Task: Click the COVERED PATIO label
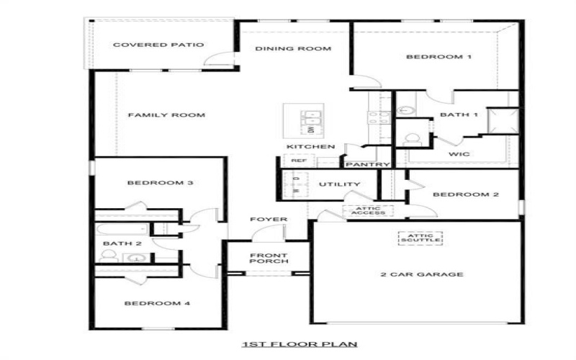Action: click(x=158, y=45)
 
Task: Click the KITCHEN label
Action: click(x=310, y=147)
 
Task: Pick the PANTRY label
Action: click(x=368, y=165)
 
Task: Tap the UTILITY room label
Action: click(x=339, y=184)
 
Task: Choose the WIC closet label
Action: click(x=459, y=154)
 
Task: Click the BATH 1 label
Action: click(x=459, y=115)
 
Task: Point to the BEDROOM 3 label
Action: click(x=160, y=183)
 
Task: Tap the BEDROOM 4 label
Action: click(x=157, y=304)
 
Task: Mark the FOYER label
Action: click(x=269, y=219)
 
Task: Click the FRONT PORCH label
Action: click(x=269, y=258)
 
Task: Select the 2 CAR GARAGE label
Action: click(x=421, y=274)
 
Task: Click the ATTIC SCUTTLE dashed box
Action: click(x=420, y=238)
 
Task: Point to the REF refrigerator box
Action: click(x=299, y=161)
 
